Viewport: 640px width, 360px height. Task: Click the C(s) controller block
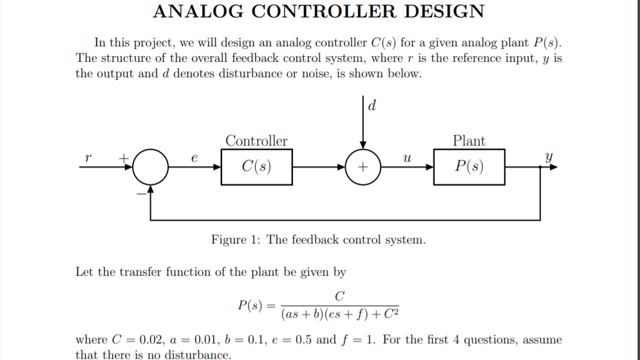(256, 167)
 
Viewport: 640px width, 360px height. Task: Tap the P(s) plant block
(469, 167)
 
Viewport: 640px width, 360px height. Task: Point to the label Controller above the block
(256, 140)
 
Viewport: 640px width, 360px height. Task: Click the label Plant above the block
(469, 140)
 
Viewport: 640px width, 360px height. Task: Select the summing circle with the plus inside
(363, 167)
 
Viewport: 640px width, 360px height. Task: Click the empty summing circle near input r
(151, 167)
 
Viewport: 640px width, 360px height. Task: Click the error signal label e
(194, 157)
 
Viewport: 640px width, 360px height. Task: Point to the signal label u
(406, 157)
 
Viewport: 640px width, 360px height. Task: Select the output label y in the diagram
(548, 156)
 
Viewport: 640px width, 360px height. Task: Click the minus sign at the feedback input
(138, 191)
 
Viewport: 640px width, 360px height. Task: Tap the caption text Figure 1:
(237, 240)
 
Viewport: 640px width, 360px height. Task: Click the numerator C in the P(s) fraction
(340, 296)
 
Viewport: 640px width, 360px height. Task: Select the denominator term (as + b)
(305, 314)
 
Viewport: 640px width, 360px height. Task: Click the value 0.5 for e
(306, 339)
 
